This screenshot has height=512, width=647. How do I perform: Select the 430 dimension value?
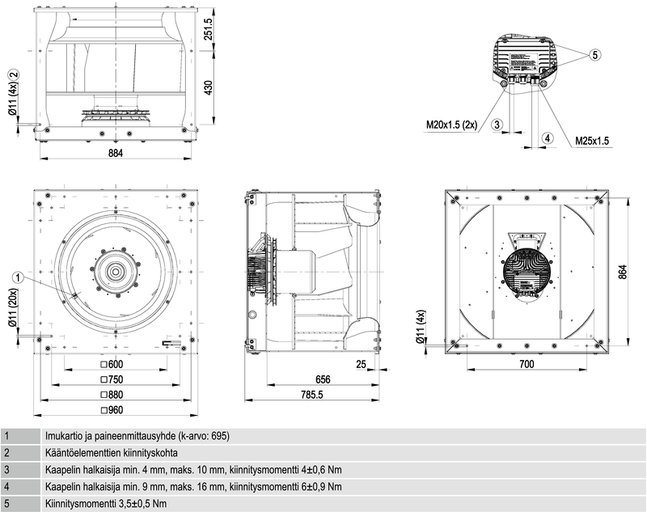pos(209,87)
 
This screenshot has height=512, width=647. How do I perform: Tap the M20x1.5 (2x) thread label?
pos(452,125)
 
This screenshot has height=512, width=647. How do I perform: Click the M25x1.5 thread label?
pos(592,141)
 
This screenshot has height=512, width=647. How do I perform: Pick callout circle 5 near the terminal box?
pos(594,56)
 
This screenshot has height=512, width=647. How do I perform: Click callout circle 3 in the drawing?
pos(497,124)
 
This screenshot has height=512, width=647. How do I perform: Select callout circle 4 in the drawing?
pos(548,138)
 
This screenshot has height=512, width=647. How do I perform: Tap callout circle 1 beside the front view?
pos(16,277)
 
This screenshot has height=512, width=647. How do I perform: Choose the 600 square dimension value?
pos(115,365)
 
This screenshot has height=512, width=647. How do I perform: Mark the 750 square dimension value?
pos(115,380)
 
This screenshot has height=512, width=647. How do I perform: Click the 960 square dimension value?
pos(115,410)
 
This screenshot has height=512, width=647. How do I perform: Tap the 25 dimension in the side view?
pos(361,365)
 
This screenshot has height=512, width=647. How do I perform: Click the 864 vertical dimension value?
pos(624,273)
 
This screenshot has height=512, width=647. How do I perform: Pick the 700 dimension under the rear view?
pos(526,366)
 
